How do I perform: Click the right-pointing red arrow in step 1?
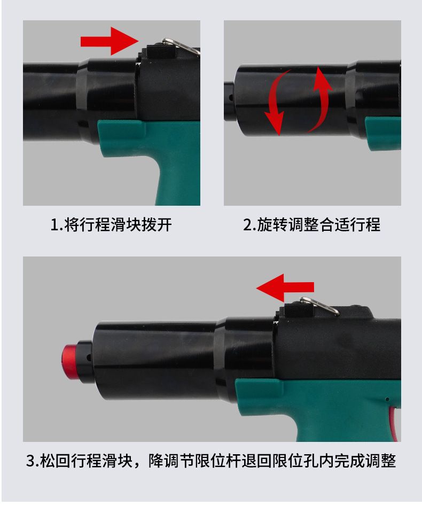coord(110,41)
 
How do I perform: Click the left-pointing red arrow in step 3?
coord(285,287)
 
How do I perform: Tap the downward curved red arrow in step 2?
coord(275,104)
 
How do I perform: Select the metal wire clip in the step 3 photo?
coord(319,306)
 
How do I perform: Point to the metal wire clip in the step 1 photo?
coord(181,46)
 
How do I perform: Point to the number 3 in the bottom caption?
coord(31,461)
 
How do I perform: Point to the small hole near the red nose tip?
coord(89,358)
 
